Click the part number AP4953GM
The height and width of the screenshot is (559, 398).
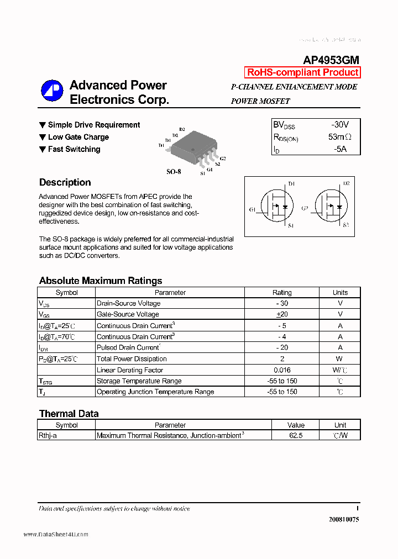(x=331, y=60)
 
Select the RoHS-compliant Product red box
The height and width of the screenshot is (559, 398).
(x=302, y=72)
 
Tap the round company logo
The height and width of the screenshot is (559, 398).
(x=52, y=92)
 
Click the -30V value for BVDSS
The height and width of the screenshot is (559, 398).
(x=340, y=125)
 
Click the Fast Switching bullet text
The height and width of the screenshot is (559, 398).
(x=74, y=149)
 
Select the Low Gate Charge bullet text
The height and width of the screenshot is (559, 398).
(x=78, y=137)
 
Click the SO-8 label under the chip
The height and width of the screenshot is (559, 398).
(x=174, y=172)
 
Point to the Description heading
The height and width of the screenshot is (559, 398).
(x=65, y=182)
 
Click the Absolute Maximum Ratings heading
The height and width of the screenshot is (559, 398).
(x=101, y=281)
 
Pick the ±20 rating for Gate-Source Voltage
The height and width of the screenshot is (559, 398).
(x=282, y=314)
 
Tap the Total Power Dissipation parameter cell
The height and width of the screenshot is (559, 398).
(x=132, y=358)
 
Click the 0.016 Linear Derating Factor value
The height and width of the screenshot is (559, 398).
(x=282, y=370)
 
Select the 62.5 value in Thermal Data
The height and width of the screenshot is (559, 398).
(x=296, y=435)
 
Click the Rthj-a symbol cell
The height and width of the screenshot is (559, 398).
(x=48, y=435)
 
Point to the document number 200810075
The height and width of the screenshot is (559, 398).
(x=344, y=520)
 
